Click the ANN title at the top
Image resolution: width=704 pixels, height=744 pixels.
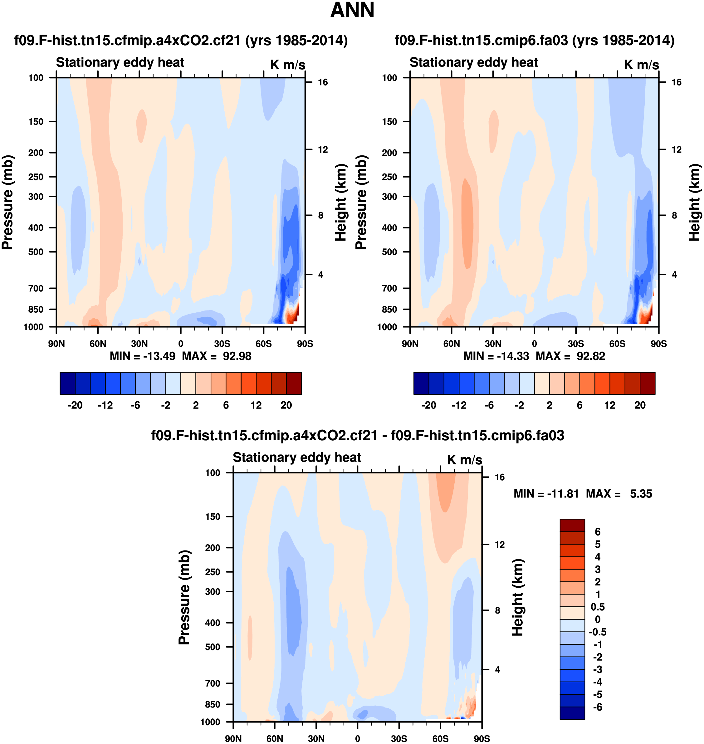pyautogui.click(x=352, y=10)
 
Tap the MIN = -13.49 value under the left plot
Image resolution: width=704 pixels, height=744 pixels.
pyautogui.click(x=142, y=356)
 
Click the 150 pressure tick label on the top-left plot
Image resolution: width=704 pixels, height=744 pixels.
pyautogui.click(x=36, y=122)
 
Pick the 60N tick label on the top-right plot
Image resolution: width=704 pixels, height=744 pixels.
pyautogui.click(x=452, y=344)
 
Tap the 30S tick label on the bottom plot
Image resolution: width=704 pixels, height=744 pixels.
pyautogui.click(x=399, y=739)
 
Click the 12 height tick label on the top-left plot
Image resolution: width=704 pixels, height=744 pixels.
pyautogui.click(x=323, y=150)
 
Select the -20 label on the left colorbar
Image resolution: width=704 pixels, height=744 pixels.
pyautogui.click(x=75, y=405)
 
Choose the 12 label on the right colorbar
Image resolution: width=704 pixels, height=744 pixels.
pyautogui.click(x=610, y=405)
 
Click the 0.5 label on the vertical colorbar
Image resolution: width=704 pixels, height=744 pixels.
pyautogui.click(x=597, y=607)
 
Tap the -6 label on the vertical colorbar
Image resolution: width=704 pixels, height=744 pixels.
pyautogui.click(x=597, y=707)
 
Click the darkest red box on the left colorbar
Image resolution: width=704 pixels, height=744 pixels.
pyautogui.click(x=294, y=383)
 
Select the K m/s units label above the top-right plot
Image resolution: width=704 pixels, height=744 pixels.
pyautogui.click(x=641, y=65)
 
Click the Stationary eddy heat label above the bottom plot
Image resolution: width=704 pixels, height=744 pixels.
pyautogui.click(x=297, y=457)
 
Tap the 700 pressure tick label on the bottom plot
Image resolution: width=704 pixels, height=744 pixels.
pyautogui.click(x=213, y=683)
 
